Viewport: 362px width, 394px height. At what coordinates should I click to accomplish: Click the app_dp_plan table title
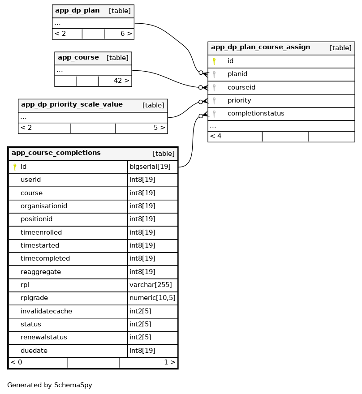(77, 11)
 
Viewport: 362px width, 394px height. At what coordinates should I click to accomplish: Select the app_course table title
(78, 58)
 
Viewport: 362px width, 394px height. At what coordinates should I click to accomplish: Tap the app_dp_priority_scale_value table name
(72, 105)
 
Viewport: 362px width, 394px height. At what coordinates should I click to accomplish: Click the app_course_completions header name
(56, 153)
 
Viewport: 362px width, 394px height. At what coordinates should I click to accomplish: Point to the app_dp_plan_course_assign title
(260, 47)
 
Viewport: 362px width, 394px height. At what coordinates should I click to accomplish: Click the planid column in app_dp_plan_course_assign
(237, 74)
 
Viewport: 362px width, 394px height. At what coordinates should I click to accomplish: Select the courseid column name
(241, 87)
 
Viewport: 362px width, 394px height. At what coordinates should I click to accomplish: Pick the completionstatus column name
(256, 114)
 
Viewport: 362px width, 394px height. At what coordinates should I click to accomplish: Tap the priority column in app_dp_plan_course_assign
(239, 100)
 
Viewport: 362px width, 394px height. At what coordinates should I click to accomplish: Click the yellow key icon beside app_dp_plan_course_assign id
(214, 61)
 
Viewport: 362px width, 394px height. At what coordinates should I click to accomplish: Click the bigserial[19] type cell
(150, 167)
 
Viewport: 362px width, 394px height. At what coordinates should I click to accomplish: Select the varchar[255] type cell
(151, 285)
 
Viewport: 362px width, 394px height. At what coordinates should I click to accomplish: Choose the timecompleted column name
(45, 259)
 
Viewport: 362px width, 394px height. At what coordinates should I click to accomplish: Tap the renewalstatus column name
(44, 338)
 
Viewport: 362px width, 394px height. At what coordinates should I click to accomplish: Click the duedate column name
(34, 351)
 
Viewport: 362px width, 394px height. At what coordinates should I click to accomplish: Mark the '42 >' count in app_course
(121, 81)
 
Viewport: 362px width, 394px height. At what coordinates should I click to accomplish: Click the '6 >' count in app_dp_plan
(126, 34)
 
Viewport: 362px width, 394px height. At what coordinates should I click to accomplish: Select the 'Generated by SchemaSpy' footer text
(50, 385)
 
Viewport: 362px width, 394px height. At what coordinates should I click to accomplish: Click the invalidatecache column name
(46, 311)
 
